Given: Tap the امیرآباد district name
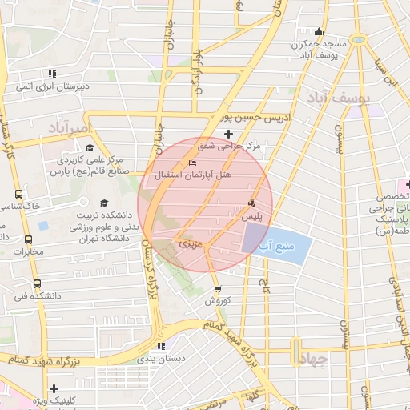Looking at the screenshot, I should click(x=70, y=127).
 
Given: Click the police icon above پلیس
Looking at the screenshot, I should click(x=252, y=203).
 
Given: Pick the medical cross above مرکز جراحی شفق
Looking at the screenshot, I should click(x=229, y=133).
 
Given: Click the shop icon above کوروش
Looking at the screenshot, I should click(x=217, y=289).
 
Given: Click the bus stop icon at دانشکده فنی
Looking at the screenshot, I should click(x=37, y=283).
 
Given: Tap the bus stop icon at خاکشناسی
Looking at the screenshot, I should click(x=18, y=194).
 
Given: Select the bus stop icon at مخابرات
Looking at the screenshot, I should click(x=29, y=239).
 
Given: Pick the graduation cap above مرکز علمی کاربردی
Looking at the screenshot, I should click(x=89, y=147).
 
